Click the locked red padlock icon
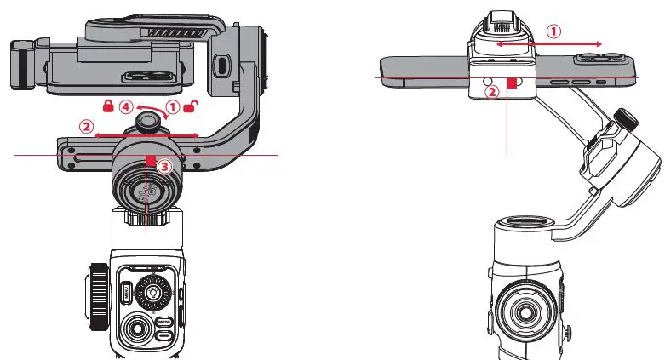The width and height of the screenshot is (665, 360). pos(108,106)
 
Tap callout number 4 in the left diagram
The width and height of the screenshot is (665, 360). pos(126,107)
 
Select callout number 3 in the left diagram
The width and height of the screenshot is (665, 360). pos(166,168)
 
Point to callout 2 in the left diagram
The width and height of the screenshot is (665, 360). pos(86,126)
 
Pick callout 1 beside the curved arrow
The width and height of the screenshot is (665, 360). pos(173,107)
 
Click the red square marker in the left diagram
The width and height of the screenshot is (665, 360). pos(150,160)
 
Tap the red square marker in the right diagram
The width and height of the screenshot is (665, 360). pos(512,83)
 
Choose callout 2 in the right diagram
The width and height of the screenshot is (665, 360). pos(491,92)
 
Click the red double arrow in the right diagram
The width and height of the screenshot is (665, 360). pos(549,43)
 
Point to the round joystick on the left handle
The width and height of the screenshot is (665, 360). pos(135,326)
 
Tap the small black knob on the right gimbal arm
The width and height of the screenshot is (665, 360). pos(627,117)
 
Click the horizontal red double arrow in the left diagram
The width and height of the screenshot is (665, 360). pos(146,134)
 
